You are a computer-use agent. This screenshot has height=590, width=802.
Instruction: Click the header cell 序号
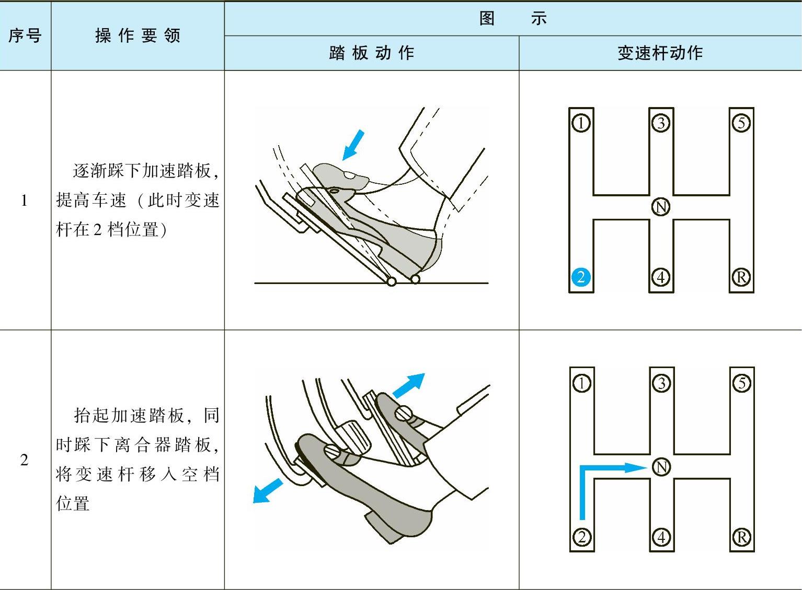25,36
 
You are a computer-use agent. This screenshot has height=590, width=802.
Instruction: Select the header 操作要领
138,36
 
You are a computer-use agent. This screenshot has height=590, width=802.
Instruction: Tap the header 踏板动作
371,53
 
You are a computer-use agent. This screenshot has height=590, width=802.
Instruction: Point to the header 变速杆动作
660,53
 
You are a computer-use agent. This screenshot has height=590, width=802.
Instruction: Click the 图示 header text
512,18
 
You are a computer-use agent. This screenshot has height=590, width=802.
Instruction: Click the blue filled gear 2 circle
581,277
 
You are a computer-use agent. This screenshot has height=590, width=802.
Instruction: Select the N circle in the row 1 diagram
661,207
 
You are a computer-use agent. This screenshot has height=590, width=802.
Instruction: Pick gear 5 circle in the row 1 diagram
741,123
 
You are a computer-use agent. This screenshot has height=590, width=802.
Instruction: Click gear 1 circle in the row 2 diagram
581,383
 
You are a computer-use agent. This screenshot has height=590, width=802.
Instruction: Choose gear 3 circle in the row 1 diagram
661,123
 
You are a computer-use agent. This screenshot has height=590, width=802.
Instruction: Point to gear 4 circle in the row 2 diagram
661,537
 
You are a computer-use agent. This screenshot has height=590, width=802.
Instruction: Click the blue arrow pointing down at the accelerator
352,145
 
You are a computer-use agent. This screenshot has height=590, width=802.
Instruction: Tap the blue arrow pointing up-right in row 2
409,385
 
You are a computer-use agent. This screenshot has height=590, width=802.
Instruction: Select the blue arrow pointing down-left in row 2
267,491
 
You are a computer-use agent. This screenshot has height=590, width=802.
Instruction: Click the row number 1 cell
24,200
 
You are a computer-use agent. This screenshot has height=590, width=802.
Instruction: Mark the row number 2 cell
24,460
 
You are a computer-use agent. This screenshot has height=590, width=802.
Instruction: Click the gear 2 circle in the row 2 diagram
581,537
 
